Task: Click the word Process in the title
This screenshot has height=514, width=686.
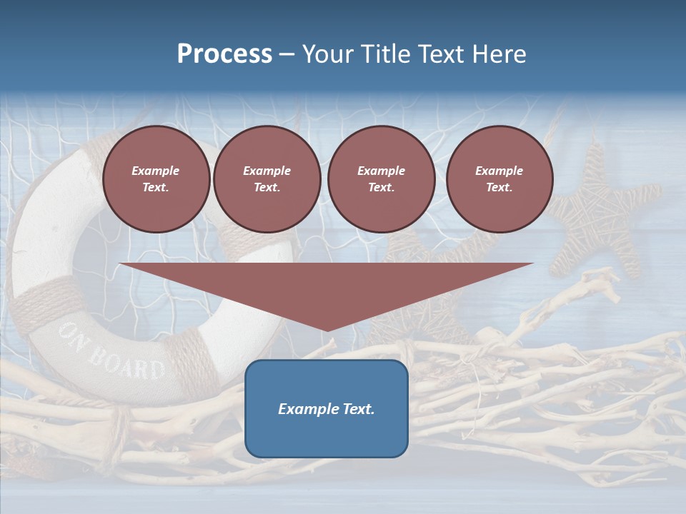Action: point(224,54)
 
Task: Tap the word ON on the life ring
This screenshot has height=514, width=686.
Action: point(74,335)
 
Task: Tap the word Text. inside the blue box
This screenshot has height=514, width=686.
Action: point(359,409)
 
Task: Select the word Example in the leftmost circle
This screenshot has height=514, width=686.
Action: point(156,171)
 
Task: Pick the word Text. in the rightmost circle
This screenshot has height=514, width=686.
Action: point(499,187)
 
